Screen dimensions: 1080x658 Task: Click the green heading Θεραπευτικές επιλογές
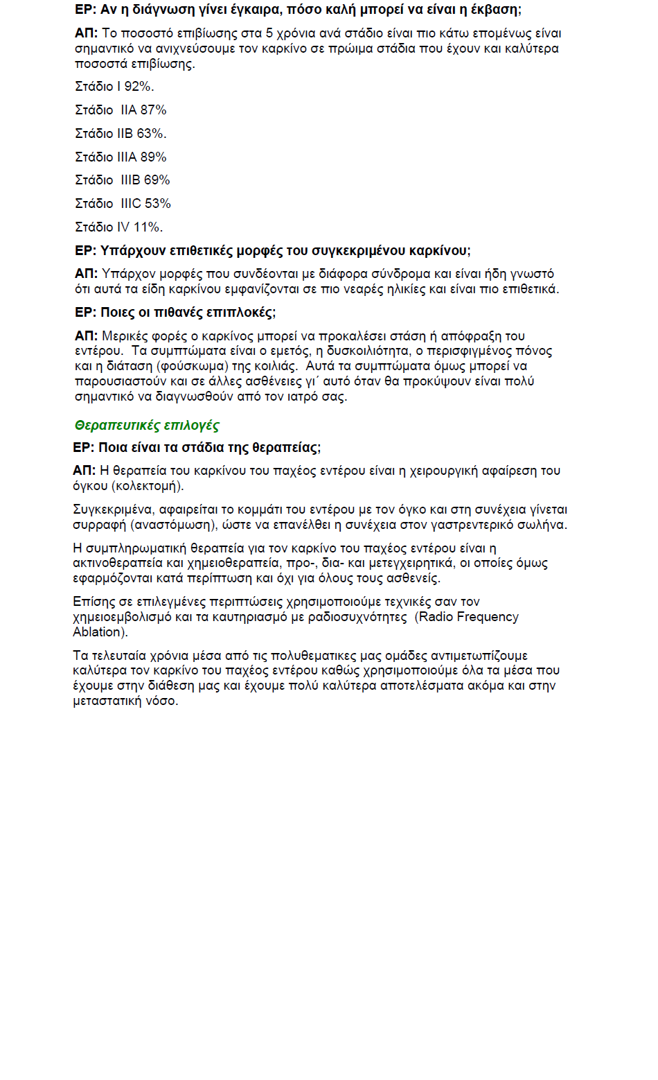click(147, 425)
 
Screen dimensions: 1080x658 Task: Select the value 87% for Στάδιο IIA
click(153, 110)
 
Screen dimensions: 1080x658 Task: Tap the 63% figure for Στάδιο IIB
click(151, 134)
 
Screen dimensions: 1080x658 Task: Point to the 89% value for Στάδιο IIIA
click(153, 157)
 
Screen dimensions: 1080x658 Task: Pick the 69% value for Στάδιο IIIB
click(157, 180)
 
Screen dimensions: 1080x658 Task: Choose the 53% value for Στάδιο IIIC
click(158, 204)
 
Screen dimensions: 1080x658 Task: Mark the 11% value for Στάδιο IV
click(148, 227)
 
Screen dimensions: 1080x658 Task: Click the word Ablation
click(99, 632)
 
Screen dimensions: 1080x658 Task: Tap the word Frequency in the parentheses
click(488, 617)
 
